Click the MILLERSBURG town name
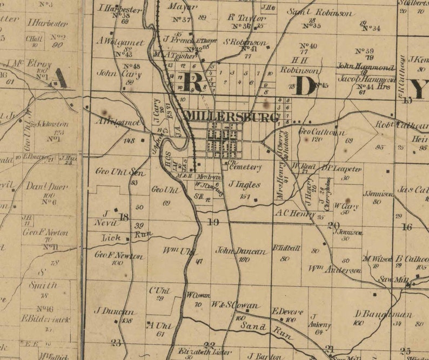coord(232,116)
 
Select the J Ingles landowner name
coord(244,185)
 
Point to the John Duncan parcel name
coord(241,251)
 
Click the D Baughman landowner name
coord(383,314)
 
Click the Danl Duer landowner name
coord(48,186)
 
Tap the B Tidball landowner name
coord(286,248)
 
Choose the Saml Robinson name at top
coord(319,12)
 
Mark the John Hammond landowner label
coord(366,67)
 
